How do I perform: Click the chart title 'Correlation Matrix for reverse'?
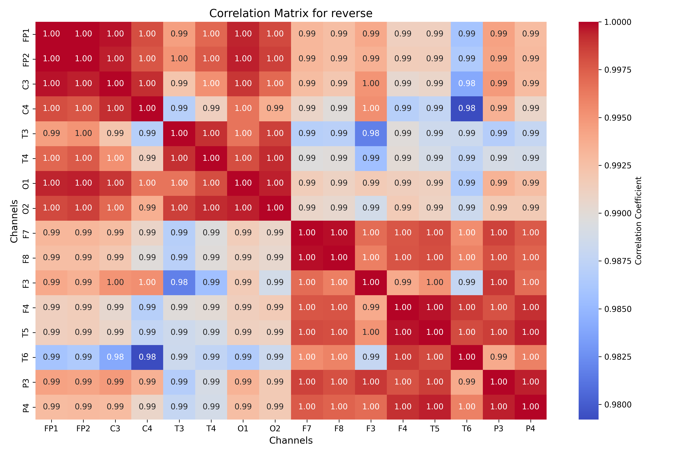[291, 13]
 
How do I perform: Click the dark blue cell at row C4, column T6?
[467, 108]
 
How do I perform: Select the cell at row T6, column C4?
[147, 357]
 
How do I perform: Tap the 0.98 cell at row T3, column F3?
[371, 133]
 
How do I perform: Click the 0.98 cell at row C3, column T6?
[467, 84]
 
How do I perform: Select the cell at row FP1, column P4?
[530, 34]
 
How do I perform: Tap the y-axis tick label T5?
[26, 333]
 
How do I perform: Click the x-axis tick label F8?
[339, 429]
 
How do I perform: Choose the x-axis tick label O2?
[275, 429]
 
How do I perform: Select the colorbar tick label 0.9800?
[618, 405]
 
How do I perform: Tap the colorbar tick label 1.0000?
[618, 22]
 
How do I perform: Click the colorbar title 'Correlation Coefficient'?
[638, 220]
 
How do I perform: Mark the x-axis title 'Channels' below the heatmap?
[291, 440]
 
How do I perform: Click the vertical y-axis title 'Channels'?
[14, 221]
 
